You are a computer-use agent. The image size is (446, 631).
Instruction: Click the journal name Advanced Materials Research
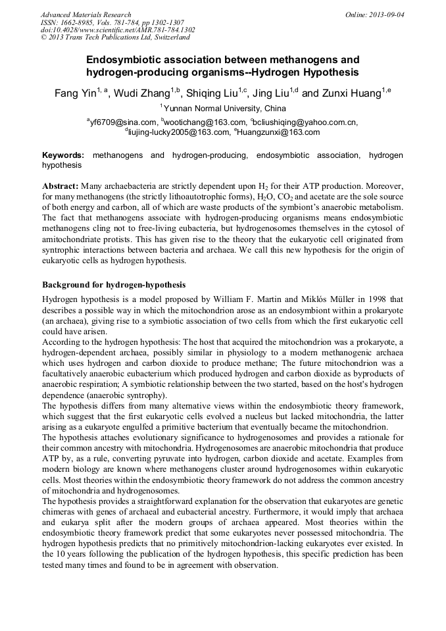(86, 14)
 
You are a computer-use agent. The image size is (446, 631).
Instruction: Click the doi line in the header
(118, 30)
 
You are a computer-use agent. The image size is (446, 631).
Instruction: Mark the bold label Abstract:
(61, 186)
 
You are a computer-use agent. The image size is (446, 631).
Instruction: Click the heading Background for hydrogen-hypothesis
(114, 285)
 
